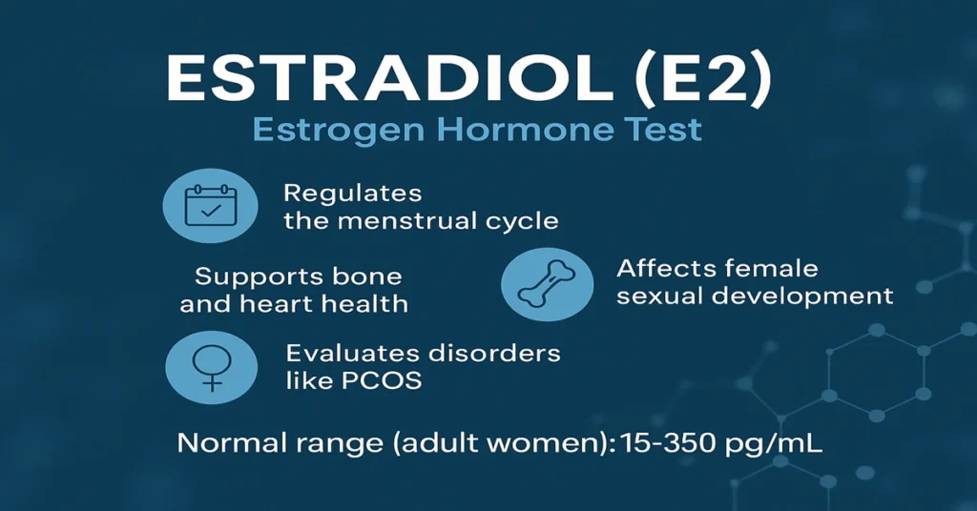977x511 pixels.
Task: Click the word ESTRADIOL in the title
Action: click(x=389, y=78)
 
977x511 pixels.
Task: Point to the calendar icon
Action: click(x=211, y=205)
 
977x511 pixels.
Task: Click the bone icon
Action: click(x=547, y=284)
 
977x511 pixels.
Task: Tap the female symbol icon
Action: click(x=212, y=367)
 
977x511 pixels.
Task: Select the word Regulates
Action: click(x=353, y=194)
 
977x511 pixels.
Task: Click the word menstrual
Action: click(x=405, y=221)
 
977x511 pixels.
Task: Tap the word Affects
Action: click(x=667, y=268)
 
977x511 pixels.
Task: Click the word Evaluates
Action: click(x=353, y=353)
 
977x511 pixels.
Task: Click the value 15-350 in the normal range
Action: click(x=668, y=443)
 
